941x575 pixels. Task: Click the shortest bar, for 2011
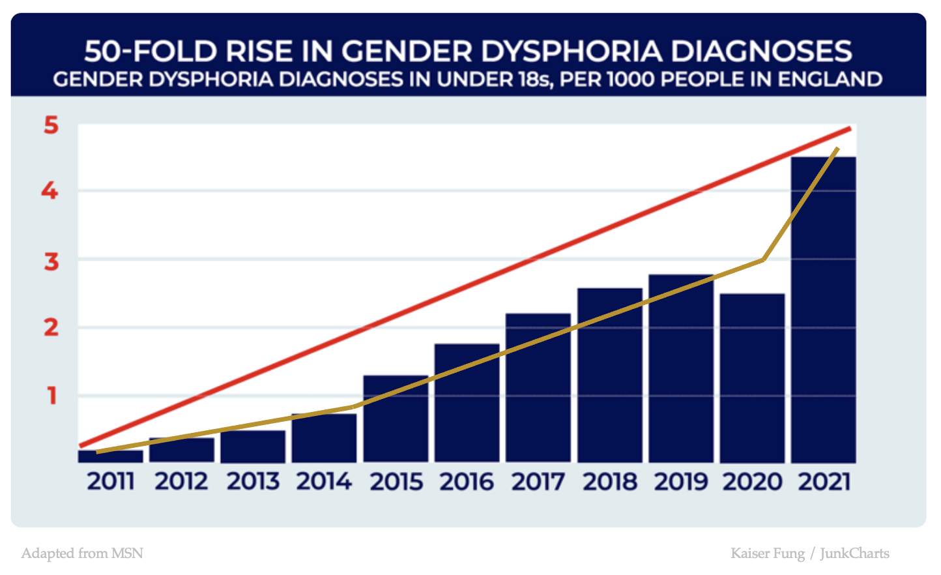click(x=110, y=456)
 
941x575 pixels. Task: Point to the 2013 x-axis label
click(x=253, y=482)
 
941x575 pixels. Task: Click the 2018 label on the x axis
click(x=609, y=482)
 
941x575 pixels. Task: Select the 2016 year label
click(x=467, y=482)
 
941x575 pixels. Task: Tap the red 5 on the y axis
click(x=51, y=125)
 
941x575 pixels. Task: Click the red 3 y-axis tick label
click(x=51, y=261)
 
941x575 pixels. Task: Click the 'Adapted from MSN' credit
click(x=82, y=553)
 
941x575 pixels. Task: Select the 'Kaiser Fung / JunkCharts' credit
click(x=809, y=553)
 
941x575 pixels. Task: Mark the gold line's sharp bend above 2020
click(x=763, y=259)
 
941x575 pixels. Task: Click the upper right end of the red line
click(x=849, y=129)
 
